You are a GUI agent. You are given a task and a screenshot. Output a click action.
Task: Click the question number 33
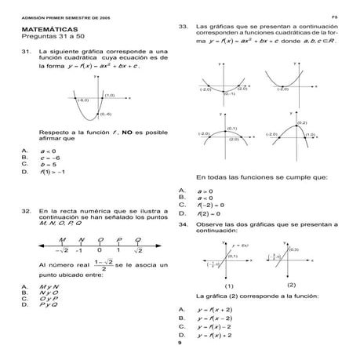pyautogui.click(x=184, y=26)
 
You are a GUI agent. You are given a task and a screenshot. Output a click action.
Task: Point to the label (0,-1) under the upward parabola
pyautogui.click(x=229, y=93)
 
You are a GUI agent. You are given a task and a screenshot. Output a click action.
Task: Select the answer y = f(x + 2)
pyautogui.click(x=215, y=310)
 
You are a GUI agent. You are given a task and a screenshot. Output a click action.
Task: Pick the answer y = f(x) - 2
pyautogui.click(x=215, y=326)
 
